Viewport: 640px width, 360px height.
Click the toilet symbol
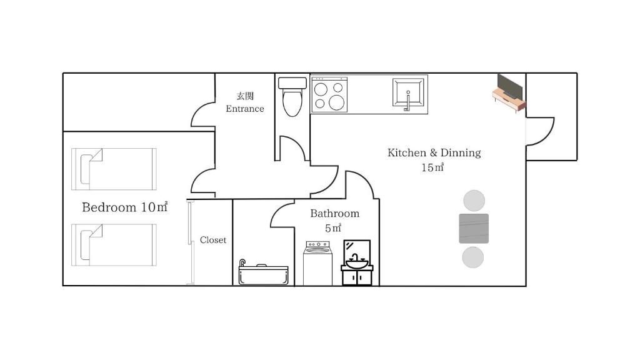292,97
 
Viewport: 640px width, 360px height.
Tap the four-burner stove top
329,95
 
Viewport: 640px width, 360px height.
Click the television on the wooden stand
509,92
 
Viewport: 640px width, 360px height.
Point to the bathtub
263,272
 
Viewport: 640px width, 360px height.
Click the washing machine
317,263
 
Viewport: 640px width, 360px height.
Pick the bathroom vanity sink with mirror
357,262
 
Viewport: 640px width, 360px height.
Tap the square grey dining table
474,229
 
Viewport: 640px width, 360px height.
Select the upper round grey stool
474,201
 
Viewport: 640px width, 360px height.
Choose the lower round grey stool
473,257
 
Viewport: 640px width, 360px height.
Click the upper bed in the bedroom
114,169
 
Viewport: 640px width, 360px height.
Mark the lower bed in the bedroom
114,245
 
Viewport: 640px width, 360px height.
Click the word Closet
213,240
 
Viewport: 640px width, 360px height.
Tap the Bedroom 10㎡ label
125,207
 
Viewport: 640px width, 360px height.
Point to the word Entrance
245,109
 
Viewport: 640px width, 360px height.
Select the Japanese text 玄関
245,96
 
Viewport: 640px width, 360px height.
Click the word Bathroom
335,214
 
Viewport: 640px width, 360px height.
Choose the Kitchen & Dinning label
434,152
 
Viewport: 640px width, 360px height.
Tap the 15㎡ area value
432,167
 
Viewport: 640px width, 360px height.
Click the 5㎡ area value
333,228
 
